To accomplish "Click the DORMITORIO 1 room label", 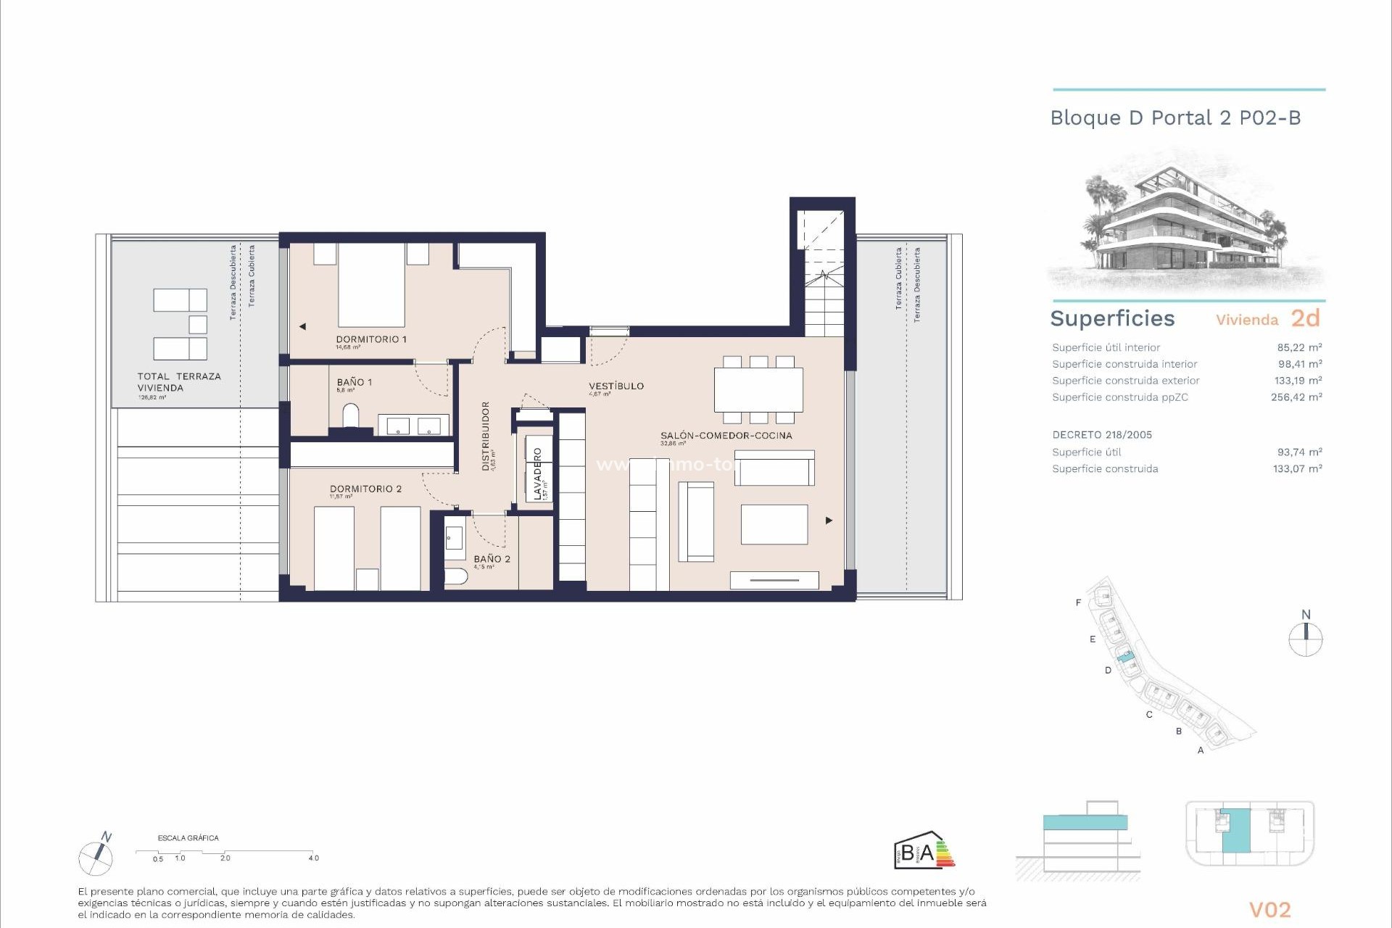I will click(x=370, y=339).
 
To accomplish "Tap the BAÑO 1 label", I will click(x=354, y=382).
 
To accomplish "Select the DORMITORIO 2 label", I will click(x=365, y=489).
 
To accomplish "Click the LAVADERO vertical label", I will click(x=537, y=473).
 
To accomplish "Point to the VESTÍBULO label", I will click(x=616, y=386).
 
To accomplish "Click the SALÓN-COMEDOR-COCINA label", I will click(x=726, y=436).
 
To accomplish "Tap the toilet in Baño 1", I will click(x=351, y=415).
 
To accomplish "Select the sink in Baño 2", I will click(x=455, y=538).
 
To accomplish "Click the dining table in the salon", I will click(x=758, y=390).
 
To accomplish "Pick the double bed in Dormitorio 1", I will click(x=371, y=285).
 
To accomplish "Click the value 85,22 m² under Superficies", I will click(x=1299, y=347).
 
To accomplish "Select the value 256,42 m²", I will click(x=1296, y=397).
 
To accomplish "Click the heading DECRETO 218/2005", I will click(x=1102, y=435).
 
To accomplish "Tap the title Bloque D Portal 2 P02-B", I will click(x=1175, y=118).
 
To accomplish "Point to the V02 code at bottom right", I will click(x=1269, y=909).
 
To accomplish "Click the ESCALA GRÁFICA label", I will click(x=188, y=838).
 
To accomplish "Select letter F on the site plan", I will click(x=1078, y=602).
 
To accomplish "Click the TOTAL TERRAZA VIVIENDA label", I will click(x=178, y=382).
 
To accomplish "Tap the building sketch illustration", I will click(x=1186, y=224).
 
